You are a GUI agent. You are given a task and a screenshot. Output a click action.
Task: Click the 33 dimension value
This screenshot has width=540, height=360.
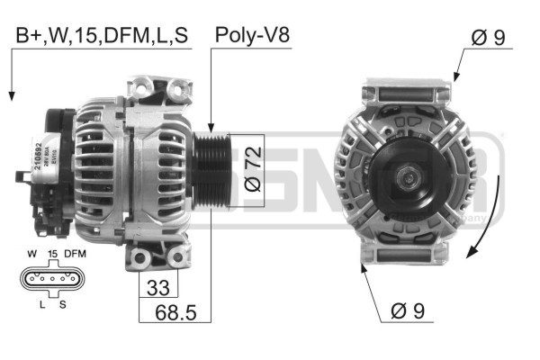click(157, 288)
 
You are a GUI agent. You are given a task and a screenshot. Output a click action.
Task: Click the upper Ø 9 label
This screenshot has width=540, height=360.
click(492, 38)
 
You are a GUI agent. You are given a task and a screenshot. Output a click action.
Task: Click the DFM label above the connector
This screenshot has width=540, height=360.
click(75, 255)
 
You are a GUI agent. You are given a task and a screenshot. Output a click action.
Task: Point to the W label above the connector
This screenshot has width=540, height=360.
click(32, 255)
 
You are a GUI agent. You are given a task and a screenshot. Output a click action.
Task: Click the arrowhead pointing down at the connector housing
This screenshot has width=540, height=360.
click(12, 94)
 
